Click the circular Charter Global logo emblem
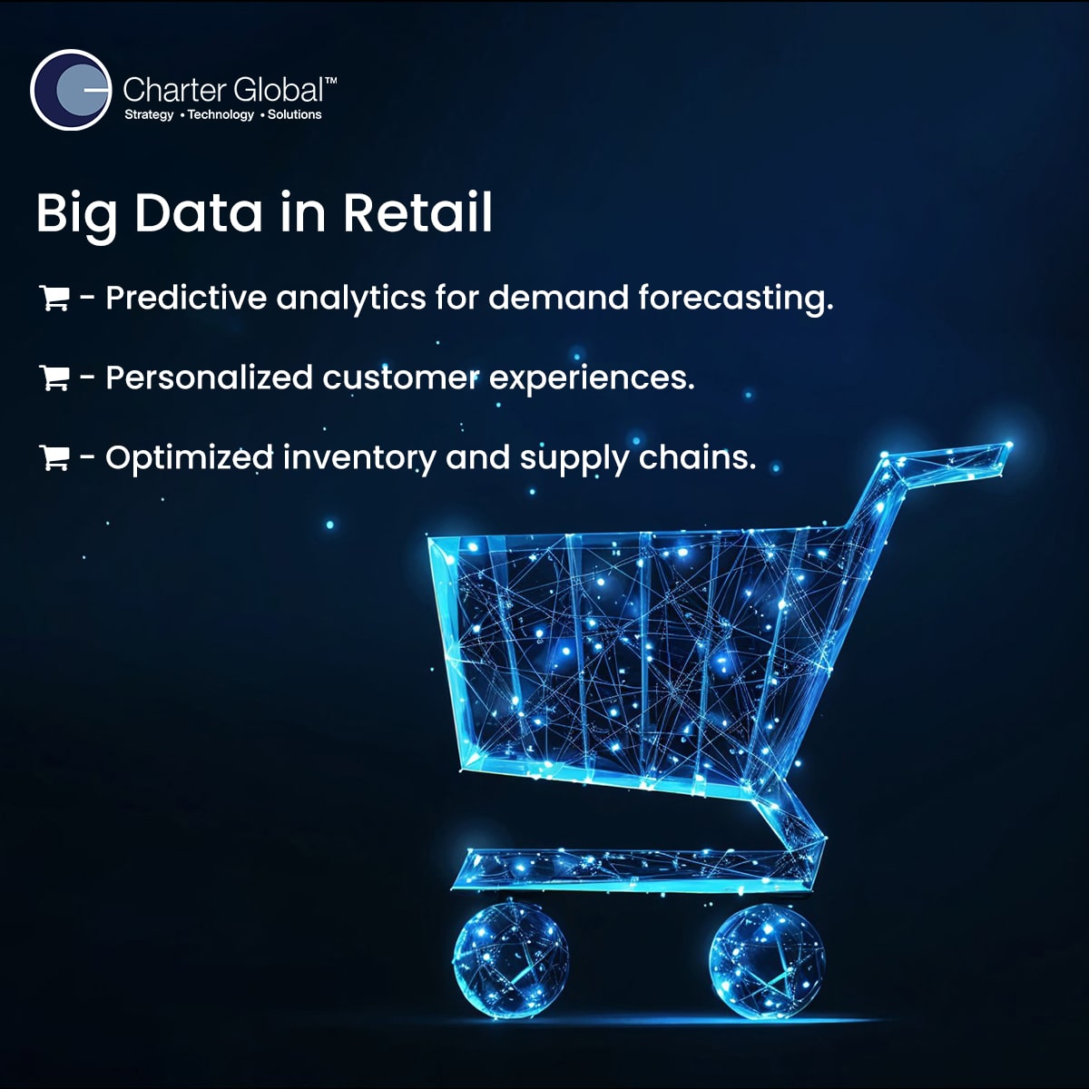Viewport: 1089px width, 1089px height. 71,90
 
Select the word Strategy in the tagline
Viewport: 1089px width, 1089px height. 149,114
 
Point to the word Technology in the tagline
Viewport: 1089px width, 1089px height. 221,114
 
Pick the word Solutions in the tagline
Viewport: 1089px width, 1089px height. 294,114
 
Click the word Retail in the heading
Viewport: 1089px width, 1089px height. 417,213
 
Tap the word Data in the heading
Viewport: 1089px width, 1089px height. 199,213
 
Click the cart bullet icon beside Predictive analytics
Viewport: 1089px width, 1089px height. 54,298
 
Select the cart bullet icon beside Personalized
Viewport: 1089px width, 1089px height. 54,378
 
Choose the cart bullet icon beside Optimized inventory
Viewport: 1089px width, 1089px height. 54,457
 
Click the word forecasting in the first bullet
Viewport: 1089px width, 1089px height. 736,299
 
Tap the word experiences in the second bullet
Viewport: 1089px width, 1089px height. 592,378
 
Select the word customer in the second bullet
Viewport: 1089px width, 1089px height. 401,378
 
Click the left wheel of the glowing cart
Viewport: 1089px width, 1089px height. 511,960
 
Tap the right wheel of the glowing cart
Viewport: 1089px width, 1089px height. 767,961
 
